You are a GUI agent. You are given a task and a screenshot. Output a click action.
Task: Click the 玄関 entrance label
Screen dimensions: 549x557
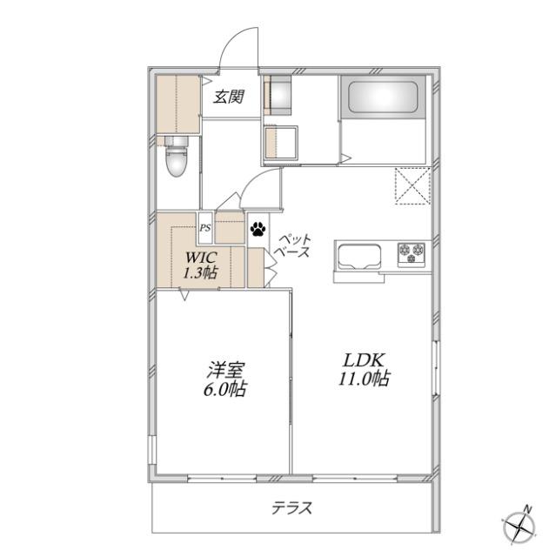coord(229,97)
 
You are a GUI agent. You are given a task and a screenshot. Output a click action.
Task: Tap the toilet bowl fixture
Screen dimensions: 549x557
coord(176,157)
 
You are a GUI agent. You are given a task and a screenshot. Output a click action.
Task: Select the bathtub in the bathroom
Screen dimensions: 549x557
coord(383,97)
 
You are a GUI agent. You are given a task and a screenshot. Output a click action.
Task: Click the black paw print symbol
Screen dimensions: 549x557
coord(258,229)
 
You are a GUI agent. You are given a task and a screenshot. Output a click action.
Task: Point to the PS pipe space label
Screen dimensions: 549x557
coord(205,228)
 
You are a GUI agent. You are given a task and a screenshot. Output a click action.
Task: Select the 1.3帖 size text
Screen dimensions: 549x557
coord(199,272)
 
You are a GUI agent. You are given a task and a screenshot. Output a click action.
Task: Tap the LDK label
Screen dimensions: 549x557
coord(364,360)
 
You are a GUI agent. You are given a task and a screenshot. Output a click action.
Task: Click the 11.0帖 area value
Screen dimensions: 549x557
coord(364,379)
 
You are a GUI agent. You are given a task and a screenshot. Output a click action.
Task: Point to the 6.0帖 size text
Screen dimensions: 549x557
coord(224,389)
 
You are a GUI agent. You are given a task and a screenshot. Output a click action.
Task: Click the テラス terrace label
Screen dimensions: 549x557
coord(291,507)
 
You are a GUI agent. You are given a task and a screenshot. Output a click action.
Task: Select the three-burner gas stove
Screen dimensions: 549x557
coord(412,254)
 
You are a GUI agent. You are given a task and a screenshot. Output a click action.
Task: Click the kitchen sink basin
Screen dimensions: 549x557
coord(359,257)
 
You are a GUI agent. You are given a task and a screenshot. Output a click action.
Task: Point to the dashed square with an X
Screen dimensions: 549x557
coord(412,185)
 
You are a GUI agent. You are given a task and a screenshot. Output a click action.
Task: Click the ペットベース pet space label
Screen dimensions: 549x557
coord(293,245)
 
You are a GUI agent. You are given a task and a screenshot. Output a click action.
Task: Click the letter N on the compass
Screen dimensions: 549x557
coord(528,509)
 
